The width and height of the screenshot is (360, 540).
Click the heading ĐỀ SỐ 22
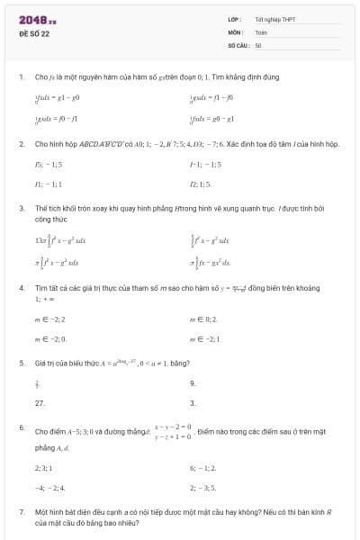[34, 32]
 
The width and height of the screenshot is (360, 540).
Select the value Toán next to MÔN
[261, 31]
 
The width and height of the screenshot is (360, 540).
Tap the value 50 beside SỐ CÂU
[258, 44]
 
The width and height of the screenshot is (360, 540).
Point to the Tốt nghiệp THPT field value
[274, 19]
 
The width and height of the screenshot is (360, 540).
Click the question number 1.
[21, 77]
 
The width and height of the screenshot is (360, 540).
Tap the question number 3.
[21, 208]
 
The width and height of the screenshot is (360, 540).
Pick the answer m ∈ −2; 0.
[49, 338]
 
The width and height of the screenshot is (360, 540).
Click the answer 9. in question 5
[193, 382]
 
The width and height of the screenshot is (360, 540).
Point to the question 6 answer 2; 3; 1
[43, 468]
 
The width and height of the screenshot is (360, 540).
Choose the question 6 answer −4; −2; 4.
[47, 488]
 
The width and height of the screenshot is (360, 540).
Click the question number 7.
[21, 511]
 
